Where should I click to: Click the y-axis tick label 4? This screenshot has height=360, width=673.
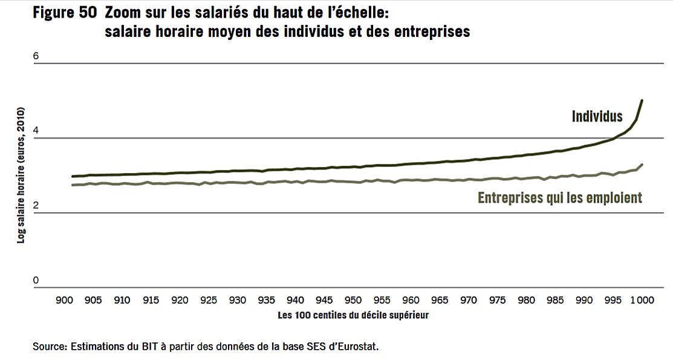click(36, 131)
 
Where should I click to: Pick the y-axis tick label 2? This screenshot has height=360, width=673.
click(36, 206)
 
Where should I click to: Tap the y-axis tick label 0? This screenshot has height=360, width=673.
click(36, 280)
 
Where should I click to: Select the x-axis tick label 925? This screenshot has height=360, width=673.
click(209, 300)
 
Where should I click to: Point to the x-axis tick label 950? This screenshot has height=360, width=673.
click(353, 300)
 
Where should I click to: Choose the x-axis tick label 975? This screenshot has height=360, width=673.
click(498, 300)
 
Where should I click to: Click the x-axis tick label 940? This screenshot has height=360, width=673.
click(295, 300)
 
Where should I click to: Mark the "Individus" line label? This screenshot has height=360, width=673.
click(597, 116)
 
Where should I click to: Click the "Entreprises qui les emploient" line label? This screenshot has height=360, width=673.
click(560, 198)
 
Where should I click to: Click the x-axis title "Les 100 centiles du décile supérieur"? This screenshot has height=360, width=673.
click(353, 315)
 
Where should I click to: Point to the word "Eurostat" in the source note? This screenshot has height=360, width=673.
click(357, 347)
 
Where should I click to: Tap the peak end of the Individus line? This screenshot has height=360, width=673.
click(642, 100)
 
